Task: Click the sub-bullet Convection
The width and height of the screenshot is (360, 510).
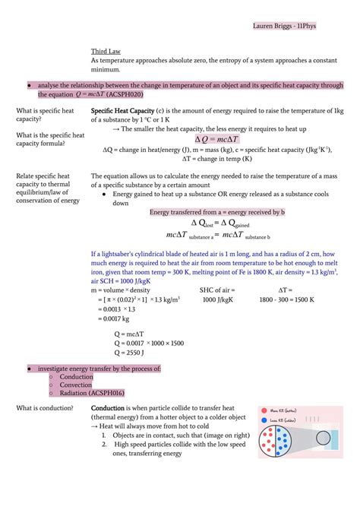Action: tap(76, 385)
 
